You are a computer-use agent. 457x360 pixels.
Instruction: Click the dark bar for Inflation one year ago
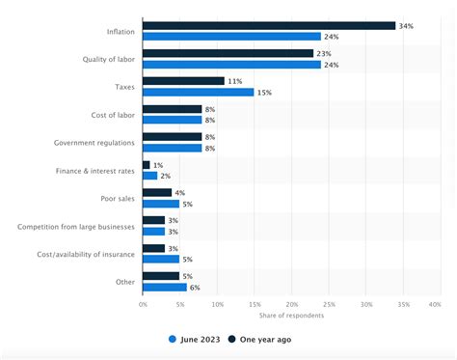tap(269, 25)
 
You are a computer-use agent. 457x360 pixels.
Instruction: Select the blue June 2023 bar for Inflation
tap(231, 37)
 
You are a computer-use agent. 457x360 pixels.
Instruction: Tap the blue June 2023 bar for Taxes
tap(199, 93)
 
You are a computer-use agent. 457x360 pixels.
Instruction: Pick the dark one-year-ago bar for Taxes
tap(183, 81)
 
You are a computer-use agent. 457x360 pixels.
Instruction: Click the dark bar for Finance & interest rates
tap(147, 165)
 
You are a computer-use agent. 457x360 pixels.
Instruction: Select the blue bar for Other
tap(165, 288)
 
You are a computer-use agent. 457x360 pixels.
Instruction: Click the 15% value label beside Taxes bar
tap(264, 93)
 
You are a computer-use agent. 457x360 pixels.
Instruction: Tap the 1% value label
tap(159, 165)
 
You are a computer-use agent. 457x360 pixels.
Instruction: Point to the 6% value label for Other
tap(196, 288)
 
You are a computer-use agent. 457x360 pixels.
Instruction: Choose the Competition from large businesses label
tap(75, 227)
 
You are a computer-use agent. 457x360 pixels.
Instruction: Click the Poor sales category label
tap(117, 199)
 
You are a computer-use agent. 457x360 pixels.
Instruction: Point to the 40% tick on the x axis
tap(434, 305)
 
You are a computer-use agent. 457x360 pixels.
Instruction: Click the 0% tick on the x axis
tap(143, 305)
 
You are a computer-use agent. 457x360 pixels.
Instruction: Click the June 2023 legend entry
tap(198, 339)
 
